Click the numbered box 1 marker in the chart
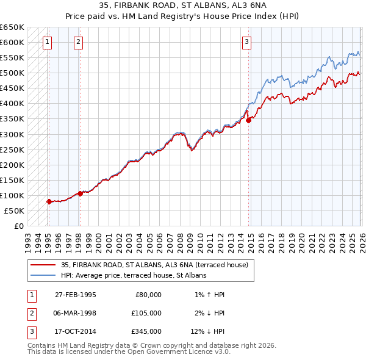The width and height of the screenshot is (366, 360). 48,42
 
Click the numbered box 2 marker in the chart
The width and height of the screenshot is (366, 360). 79,42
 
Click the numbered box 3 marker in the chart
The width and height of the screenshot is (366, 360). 246,42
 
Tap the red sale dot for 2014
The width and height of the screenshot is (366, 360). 249,120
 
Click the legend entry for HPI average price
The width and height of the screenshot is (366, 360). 134,275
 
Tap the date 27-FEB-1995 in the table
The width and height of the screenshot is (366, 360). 76,294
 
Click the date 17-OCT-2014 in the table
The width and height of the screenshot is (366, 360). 76,332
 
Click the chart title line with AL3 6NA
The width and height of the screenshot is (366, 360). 183,5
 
